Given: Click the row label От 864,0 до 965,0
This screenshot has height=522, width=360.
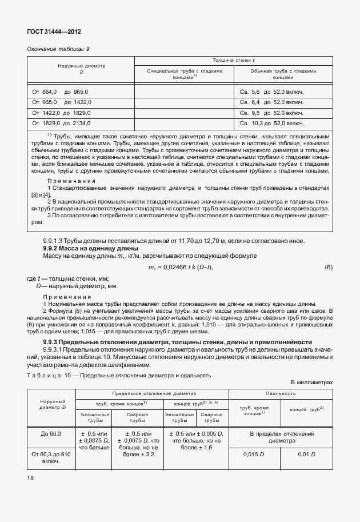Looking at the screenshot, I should pos(60,91).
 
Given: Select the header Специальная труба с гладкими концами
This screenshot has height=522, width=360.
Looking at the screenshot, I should pos(184,74).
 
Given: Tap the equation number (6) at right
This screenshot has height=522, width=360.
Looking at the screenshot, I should pos(328,268).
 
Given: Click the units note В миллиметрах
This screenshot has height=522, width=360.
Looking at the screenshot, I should pos(311,382).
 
